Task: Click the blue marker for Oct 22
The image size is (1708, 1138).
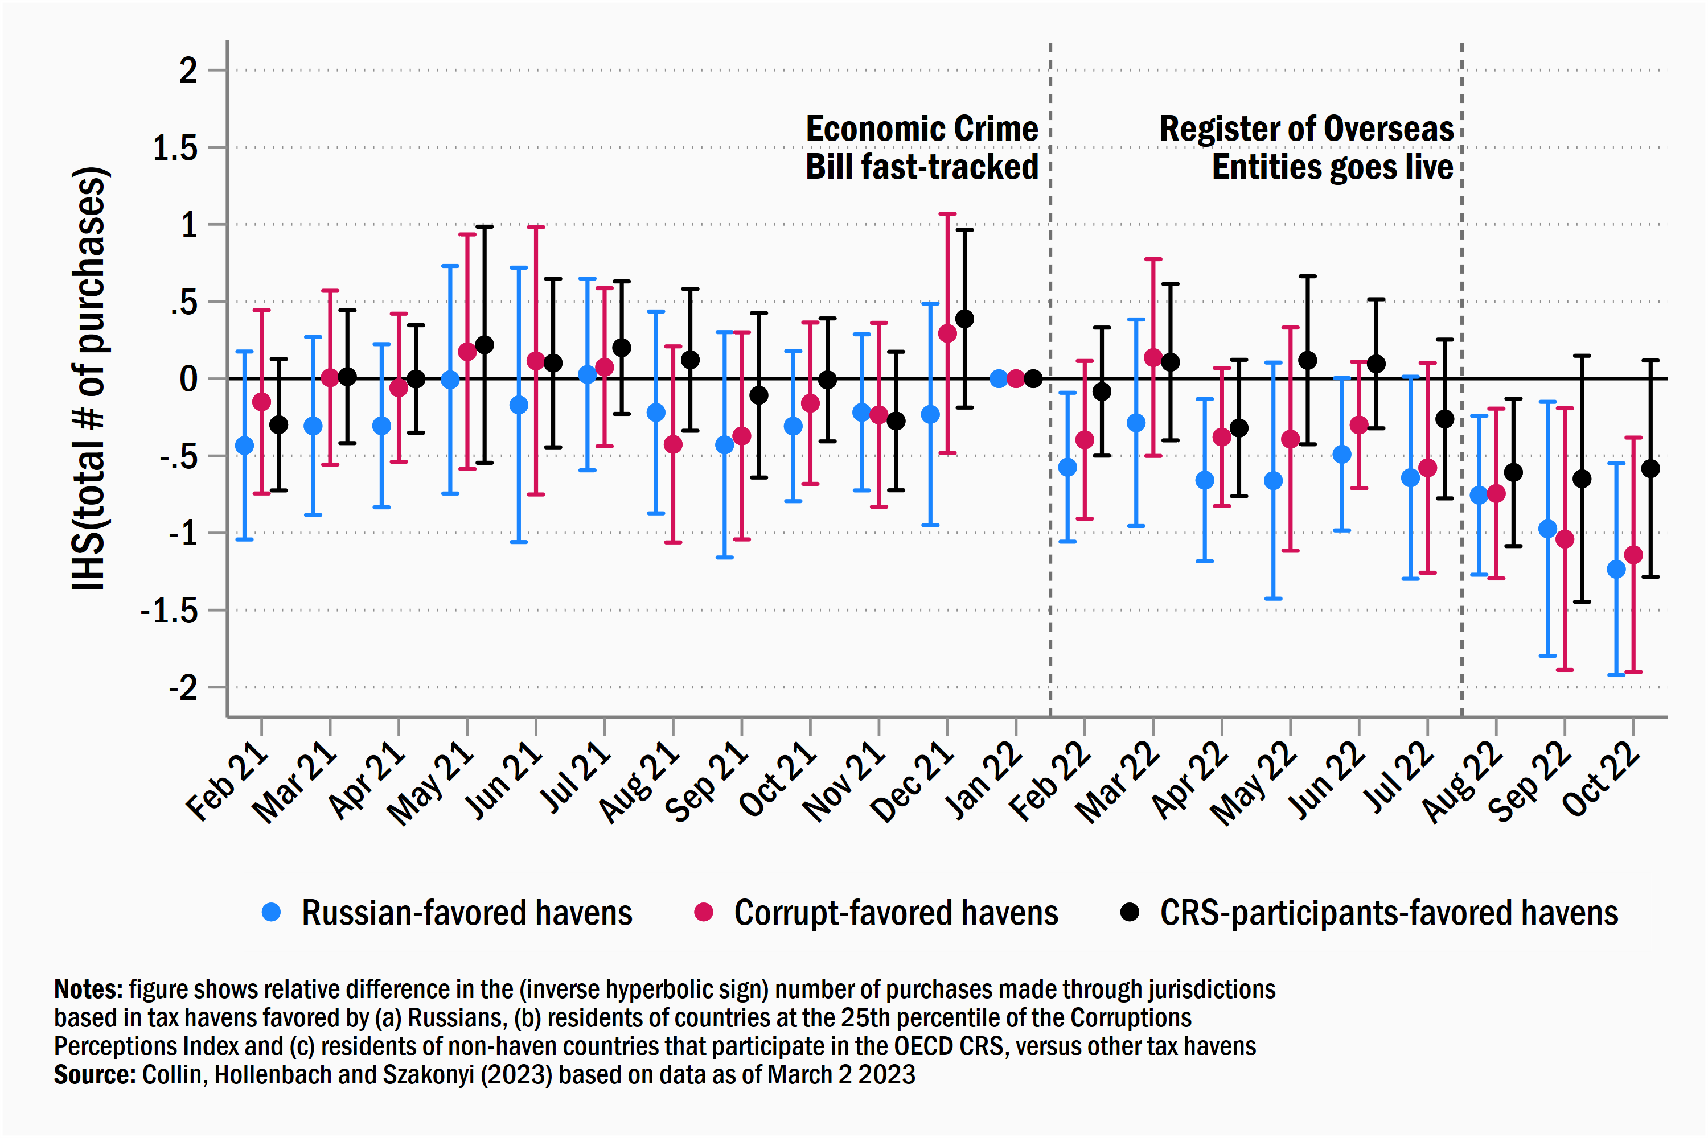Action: tap(1616, 569)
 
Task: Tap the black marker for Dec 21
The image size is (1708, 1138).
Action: tap(964, 319)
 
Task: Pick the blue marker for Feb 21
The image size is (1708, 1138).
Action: tap(245, 446)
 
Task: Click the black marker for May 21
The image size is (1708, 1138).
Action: tap(485, 345)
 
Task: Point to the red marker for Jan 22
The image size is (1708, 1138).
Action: tap(1016, 378)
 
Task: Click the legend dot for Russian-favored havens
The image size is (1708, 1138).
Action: tap(271, 912)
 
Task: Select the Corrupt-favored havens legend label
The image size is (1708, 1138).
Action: tap(896, 912)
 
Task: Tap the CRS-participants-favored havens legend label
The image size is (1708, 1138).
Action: tap(1389, 912)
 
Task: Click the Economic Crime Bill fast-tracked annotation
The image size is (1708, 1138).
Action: tap(922, 148)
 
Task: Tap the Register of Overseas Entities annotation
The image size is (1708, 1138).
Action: tap(1307, 148)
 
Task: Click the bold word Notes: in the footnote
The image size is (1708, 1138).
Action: tap(89, 990)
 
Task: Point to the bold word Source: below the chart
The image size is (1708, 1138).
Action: tap(95, 1075)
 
